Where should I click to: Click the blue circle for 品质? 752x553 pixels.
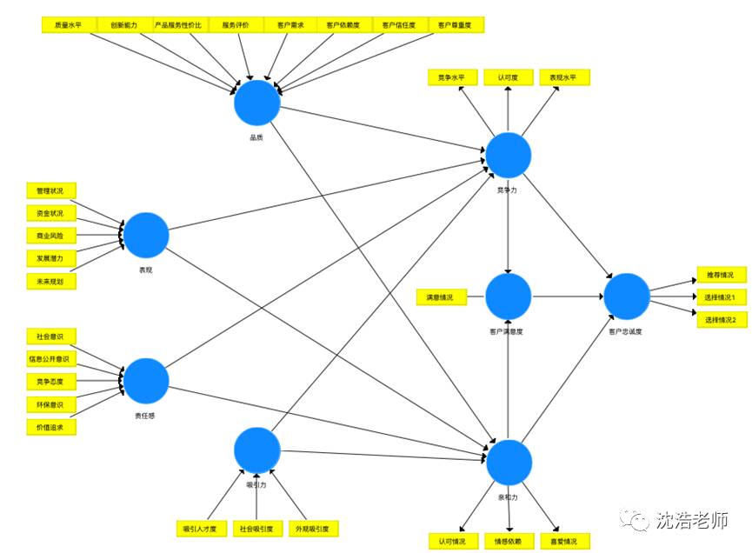[257, 103]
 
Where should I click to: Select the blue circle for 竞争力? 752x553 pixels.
[508, 155]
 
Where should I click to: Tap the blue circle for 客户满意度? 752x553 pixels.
[508, 296]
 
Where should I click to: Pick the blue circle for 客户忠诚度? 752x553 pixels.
[627, 296]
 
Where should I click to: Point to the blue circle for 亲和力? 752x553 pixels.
[508, 462]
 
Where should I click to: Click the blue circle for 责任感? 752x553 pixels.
[146, 380]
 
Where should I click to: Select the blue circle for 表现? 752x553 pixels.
[146, 235]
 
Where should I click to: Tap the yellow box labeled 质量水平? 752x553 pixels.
[69, 25]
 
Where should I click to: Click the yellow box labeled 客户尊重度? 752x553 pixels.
[456, 25]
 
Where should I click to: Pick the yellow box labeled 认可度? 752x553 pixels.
[509, 77]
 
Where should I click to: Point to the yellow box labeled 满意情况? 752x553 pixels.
[441, 297]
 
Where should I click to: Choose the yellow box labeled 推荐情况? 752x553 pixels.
[721, 275]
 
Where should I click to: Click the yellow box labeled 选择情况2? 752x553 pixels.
[721, 320]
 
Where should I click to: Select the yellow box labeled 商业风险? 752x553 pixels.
[50, 236]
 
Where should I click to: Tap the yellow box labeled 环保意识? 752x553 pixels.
[50, 404]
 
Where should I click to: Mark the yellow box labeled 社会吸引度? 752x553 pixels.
[256, 528]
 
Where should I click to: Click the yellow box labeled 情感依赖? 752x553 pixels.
[509, 541]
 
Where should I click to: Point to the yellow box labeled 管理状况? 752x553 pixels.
[50, 190]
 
